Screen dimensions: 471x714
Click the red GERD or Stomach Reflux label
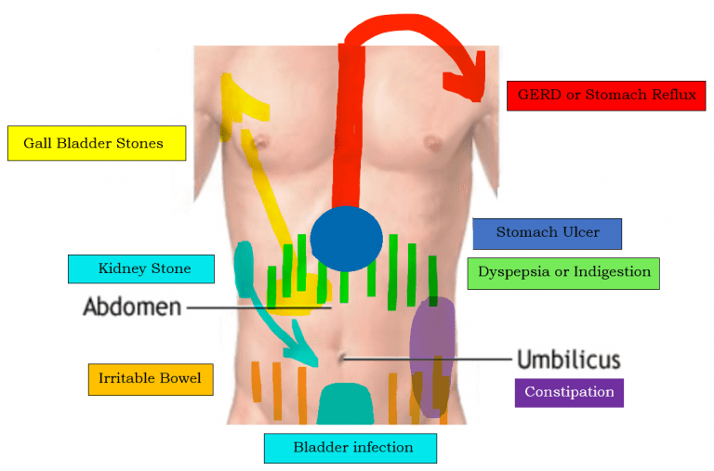606,96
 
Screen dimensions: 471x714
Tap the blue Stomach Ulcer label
547,233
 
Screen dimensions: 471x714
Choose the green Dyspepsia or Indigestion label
563,272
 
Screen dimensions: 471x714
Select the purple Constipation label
569,392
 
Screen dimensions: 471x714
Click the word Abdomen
132,307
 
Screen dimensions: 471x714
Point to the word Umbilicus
568,360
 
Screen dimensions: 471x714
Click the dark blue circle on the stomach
346,239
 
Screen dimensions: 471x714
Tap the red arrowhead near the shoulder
469,79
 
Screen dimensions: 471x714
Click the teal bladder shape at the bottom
350,405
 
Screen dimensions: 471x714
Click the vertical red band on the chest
351,130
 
